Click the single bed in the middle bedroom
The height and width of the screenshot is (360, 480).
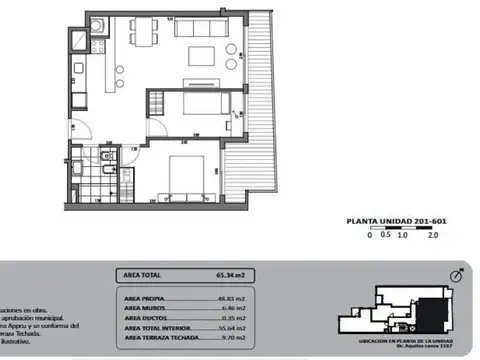click(x=188, y=104)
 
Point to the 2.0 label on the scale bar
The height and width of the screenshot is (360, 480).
click(x=433, y=237)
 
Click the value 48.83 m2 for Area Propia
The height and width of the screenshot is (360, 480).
click(x=217, y=299)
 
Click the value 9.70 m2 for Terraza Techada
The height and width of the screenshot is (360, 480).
click(x=218, y=341)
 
